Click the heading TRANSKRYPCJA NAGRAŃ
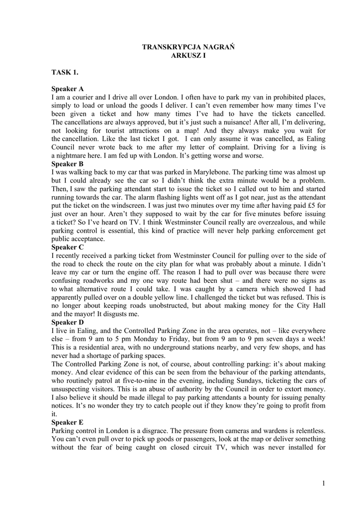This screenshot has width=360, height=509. click(x=188, y=47)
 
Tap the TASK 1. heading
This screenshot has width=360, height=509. click(x=65, y=73)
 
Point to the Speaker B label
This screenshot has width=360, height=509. click(x=68, y=163)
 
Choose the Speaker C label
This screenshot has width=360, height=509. click(x=68, y=247)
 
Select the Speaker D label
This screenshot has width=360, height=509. click(x=68, y=322)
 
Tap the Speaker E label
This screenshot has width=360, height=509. click(x=68, y=422)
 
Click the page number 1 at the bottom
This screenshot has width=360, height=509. click(x=323, y=483)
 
